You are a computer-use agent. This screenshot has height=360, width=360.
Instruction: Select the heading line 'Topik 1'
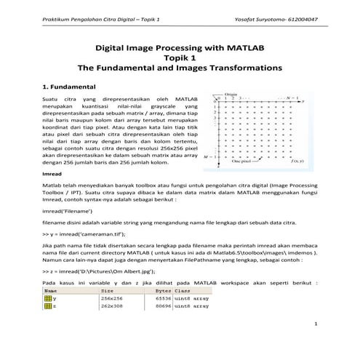(x=180, y=57)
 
